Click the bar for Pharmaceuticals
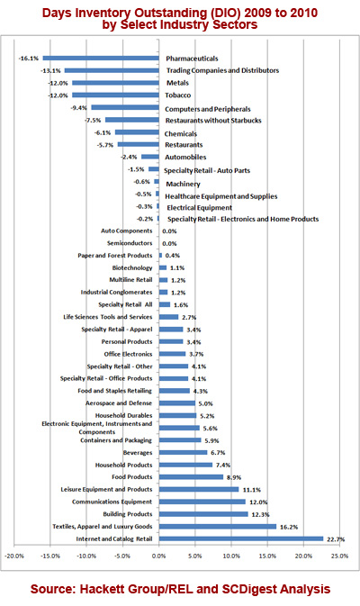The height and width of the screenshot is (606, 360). (101, 59)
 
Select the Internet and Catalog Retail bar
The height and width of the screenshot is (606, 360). (241, 538)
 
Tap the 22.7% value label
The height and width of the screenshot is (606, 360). (336, 539)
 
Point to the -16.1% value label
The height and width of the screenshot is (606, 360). (29, 59)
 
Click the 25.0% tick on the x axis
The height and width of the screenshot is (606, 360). (339, 556)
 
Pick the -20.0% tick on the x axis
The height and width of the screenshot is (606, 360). (14, 556)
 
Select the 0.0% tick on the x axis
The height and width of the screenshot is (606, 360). (158, 556)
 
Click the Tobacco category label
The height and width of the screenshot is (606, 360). (178, 95)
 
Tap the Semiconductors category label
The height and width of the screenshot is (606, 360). (130, 243)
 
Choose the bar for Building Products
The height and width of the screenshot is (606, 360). (203, 514)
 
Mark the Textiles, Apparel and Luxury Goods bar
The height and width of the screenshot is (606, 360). (218, 527)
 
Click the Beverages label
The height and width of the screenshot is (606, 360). (138, 453)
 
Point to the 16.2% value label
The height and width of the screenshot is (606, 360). (289, 527)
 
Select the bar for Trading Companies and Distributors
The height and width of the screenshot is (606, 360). (112, 70)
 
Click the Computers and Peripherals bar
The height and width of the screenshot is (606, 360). (125, 107)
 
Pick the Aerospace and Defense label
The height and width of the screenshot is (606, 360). (119, 403)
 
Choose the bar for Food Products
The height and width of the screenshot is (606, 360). (191, 477)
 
